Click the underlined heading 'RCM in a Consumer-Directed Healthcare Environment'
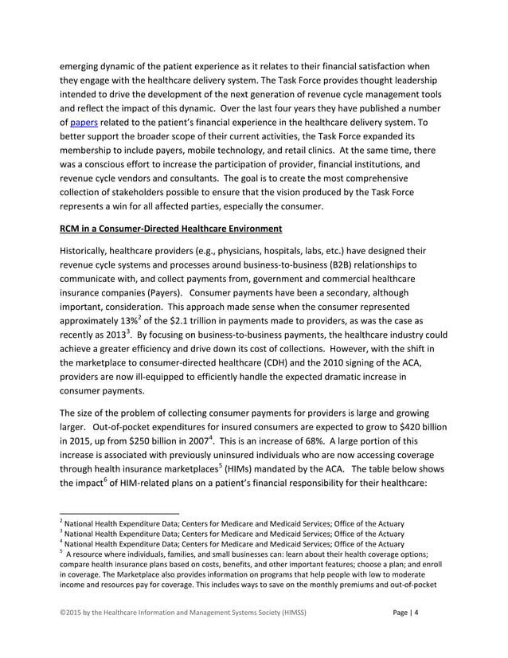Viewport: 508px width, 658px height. point(170,229)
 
